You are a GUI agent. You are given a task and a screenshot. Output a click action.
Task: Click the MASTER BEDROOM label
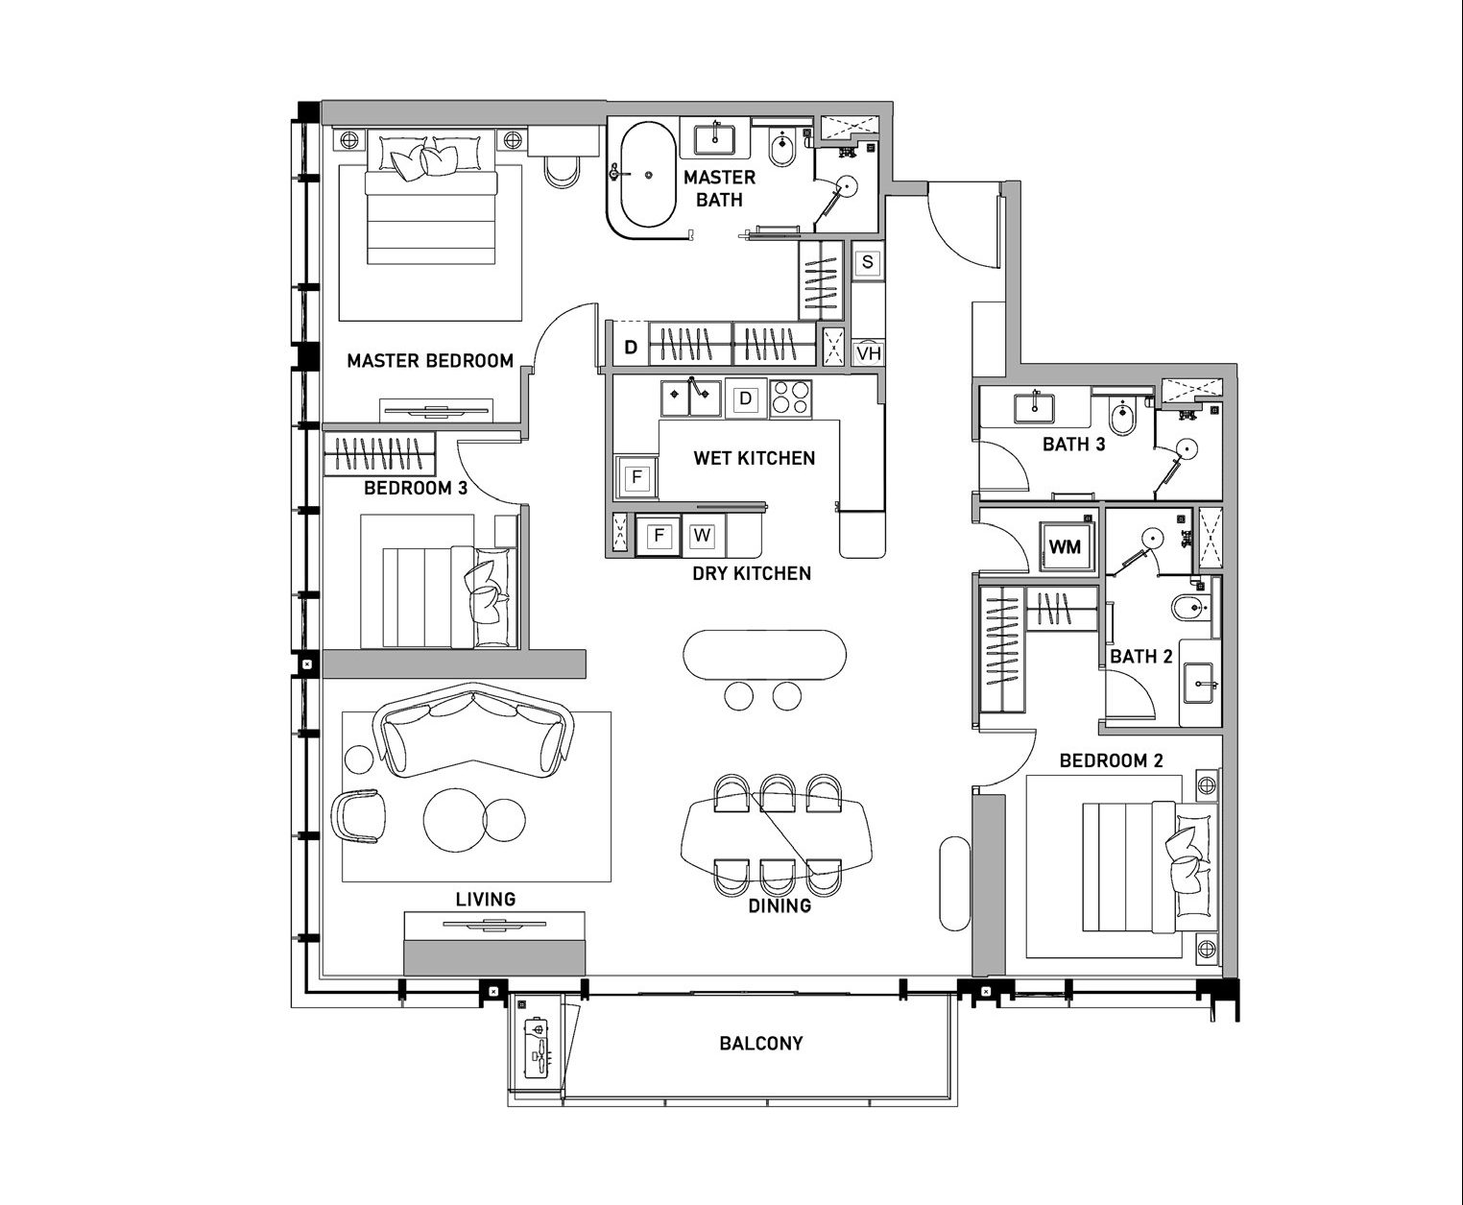click(430, 361)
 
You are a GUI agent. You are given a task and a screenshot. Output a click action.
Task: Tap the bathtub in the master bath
click(642, 176)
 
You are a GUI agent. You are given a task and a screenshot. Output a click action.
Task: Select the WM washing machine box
click(1065, 546)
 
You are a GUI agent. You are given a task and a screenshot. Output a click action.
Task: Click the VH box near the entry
click(868, 352)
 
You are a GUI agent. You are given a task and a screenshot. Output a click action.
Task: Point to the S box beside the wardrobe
click(868, 262)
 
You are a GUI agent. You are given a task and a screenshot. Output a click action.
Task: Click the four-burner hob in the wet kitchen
click(790, 398)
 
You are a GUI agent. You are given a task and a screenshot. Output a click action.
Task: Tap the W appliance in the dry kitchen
click(702, 536)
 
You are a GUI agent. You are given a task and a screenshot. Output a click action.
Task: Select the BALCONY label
click(761, 1044)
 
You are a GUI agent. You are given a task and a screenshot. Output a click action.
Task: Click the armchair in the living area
click(359, 815)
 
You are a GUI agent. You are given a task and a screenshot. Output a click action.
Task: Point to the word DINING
click(779, 906)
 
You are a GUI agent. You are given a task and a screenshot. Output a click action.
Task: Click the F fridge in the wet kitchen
click(636, 477)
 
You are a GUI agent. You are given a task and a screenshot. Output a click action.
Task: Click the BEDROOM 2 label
click(1111, 761)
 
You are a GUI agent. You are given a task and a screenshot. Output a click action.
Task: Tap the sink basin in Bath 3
click(1034, 408)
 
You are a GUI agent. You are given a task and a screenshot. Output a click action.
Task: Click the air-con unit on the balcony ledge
click(539, 1047)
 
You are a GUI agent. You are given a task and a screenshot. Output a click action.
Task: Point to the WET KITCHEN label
click(754, 458)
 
